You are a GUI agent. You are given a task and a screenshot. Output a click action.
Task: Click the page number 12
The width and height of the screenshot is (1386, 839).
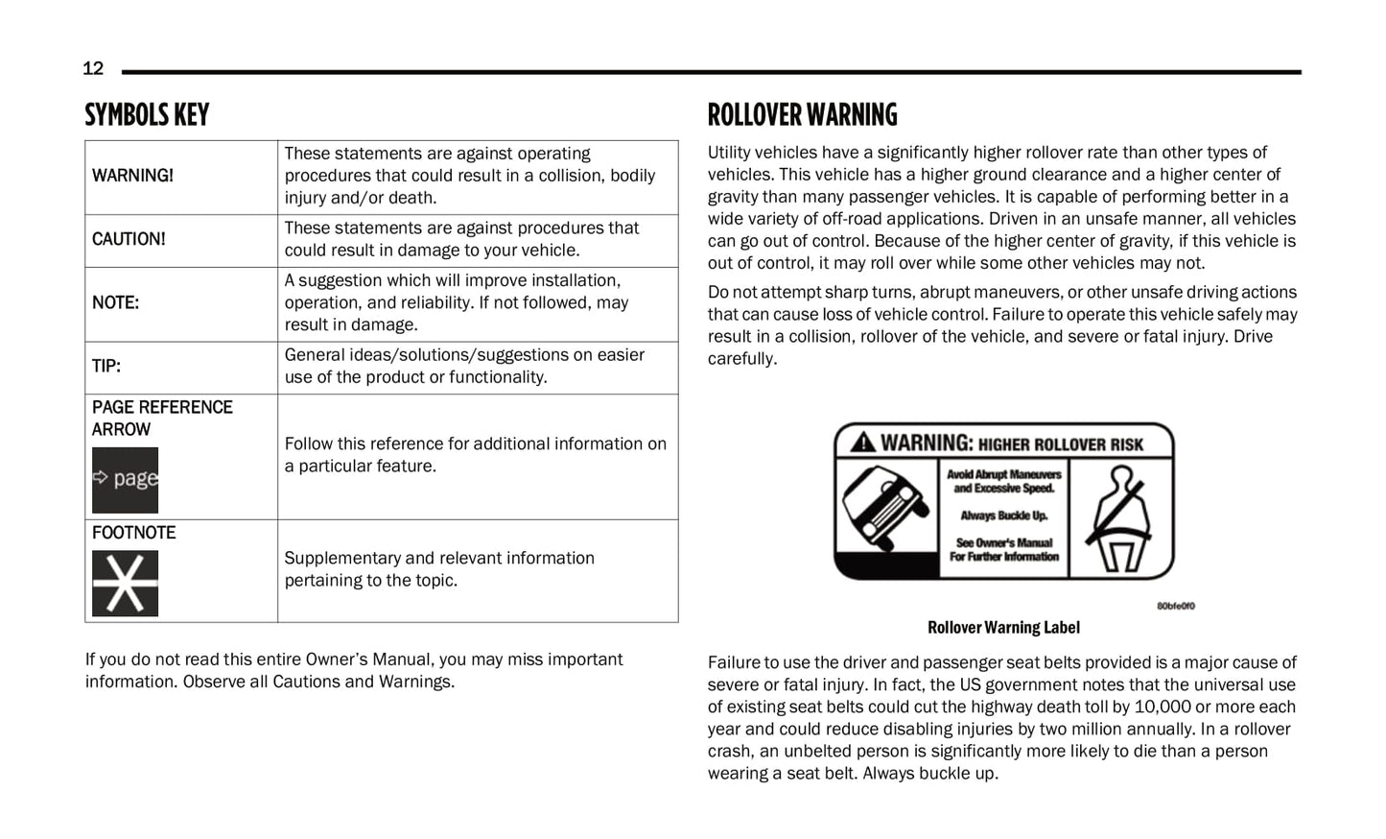(x=93, y=68)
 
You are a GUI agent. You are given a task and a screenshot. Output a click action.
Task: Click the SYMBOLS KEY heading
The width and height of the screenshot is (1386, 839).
(x=147, y=115)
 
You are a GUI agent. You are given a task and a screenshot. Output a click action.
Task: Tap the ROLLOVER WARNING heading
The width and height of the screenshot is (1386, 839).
(x=802, y=115)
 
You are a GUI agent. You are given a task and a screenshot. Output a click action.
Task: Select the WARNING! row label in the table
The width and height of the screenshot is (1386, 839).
(x=132, y=176)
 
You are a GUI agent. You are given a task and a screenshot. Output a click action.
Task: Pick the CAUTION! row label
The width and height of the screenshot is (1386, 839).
(x=129, y=239)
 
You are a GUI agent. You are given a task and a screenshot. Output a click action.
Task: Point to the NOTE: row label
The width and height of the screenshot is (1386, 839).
(x=115, y=302)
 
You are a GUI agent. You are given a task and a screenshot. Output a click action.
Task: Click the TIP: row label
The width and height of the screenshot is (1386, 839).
(x=106, y=366)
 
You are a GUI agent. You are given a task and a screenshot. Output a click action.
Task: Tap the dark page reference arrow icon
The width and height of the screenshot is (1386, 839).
(x=125, y=479)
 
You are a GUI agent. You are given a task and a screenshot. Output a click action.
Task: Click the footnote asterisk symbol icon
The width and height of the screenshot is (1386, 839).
(x=125, y=583)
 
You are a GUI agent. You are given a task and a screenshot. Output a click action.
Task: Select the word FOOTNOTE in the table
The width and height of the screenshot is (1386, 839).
(x=134, y=533)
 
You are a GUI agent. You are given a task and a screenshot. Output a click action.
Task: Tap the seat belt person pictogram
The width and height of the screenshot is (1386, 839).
(x=1119, y=518)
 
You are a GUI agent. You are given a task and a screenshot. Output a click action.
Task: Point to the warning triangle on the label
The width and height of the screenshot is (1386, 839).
(x=862, y=443)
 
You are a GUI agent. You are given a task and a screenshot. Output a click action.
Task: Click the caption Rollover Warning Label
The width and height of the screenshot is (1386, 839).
(x=1003, y=628)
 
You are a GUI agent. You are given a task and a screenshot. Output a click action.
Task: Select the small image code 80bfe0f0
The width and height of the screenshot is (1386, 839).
(x=1175, y=606)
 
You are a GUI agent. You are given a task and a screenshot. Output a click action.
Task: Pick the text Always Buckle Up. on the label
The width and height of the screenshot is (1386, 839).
(x=1003, y=515)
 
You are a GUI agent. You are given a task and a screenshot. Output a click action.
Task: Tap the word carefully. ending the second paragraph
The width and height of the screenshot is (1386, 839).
(x=742, y=359)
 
